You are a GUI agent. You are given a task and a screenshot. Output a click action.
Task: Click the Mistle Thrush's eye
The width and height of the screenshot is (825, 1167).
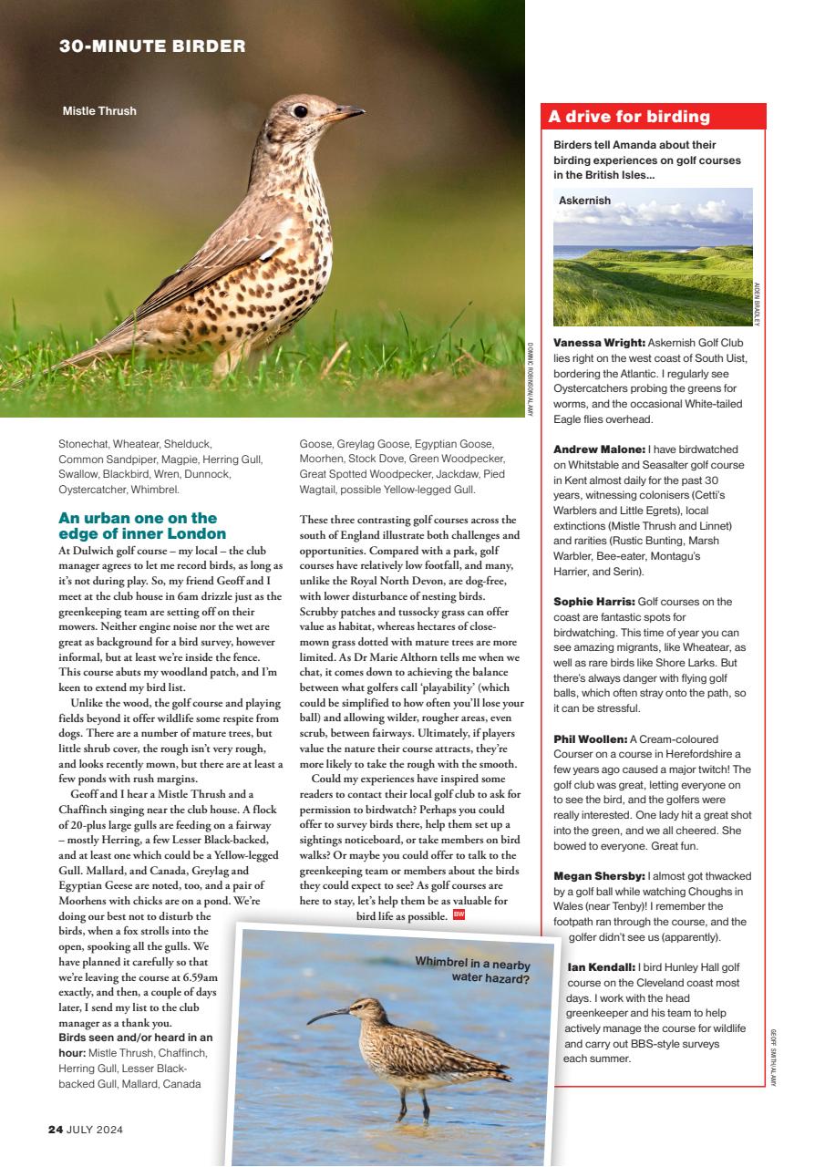tap(300, 111)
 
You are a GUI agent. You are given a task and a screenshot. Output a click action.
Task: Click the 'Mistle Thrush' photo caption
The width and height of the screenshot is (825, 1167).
tap(99, 111)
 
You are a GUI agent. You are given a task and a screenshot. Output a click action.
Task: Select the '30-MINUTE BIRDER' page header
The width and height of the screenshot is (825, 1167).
tap(152, 46)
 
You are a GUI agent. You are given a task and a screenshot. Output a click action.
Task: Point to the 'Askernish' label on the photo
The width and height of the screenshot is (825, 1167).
tap(584, 200)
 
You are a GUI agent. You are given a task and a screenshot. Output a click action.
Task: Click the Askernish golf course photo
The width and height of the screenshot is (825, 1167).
tap(653, 264)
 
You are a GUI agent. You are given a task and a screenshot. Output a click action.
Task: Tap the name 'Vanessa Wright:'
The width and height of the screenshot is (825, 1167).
tap(599, 342)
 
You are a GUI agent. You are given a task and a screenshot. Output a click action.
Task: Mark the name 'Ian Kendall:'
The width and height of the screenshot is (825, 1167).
tap(600, 966)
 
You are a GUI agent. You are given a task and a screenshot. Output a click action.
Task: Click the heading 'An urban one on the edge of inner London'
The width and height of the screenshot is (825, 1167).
tap(142, 526)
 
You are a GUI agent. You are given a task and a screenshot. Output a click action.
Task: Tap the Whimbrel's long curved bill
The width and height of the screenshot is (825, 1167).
tap(326, 1014)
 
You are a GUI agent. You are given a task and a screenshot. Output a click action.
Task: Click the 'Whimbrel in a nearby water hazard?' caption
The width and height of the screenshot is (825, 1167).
tap(471, 970)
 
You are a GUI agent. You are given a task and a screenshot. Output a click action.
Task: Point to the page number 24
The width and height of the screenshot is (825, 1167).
tap(55, 1129)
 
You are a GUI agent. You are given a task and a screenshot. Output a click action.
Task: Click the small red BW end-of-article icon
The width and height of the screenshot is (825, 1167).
tap(459, 914)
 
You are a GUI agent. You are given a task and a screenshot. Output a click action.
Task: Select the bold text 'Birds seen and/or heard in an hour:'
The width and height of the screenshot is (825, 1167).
tap(135, 1038)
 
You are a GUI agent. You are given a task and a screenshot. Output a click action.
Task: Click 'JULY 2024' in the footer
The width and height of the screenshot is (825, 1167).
tap(95, 1129)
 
